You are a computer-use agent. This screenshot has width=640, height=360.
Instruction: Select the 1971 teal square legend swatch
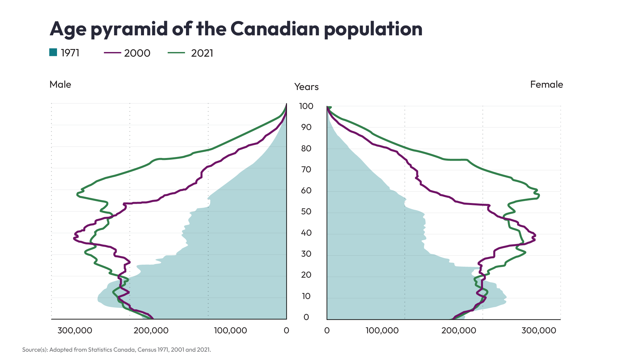[53, 52]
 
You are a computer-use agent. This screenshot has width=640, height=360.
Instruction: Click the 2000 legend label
[137, 53]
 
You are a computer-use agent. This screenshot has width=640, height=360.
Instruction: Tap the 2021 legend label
[202, 53]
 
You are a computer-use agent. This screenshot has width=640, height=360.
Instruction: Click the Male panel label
[60, 84]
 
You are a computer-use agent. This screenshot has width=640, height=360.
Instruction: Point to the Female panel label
[546, 84]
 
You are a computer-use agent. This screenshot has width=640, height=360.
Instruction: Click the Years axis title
[306, 87]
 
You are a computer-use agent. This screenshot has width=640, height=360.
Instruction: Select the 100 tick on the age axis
[306, 106]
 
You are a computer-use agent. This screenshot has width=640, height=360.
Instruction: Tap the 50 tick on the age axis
[306, 212]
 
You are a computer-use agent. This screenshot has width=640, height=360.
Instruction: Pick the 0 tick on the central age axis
[306, 317]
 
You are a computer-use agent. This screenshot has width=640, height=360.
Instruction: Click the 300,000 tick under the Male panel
[75, 330]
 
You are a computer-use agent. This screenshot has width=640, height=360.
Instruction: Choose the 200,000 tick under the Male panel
[151, 330]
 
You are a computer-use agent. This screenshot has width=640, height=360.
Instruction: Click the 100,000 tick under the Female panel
[382, 330]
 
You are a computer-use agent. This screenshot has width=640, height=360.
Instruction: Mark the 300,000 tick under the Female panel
[539, 330]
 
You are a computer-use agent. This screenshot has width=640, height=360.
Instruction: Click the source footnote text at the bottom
[116, 350]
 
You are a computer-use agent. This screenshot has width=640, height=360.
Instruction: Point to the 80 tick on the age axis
[306, 148]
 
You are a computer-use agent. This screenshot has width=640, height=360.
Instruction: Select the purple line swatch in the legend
[112, 53]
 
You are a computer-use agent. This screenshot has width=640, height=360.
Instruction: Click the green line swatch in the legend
[176, 53]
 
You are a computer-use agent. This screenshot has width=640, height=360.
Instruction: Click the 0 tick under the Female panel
[327, 330]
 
